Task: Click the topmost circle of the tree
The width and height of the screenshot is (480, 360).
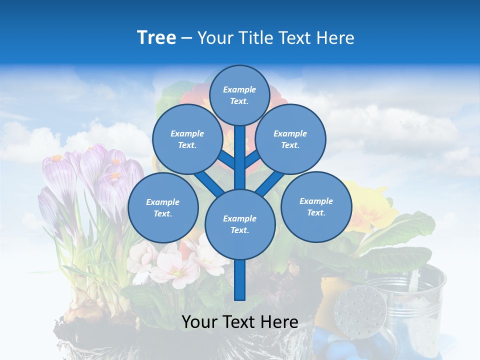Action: tap(239, 95)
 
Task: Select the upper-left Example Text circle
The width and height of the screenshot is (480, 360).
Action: tap(187, 139)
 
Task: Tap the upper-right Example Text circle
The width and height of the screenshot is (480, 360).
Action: tap(290, 139)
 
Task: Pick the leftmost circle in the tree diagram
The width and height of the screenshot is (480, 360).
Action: tap(163, 207)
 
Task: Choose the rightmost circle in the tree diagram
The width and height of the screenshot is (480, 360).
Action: tap(316, 206)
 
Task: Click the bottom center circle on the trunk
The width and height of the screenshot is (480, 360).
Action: tap(239, 224)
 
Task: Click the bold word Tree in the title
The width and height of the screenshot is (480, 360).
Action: tap(156, 37)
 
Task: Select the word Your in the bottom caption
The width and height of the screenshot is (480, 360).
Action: tap(199, 322)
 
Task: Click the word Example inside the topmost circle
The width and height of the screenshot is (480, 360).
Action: tap(239, 89)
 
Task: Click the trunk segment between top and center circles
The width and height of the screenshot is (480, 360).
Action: tap(240, 157)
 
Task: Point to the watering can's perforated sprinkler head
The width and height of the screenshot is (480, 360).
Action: tap(360, 307)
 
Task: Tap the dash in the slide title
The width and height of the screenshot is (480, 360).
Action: tap(186, 38)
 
